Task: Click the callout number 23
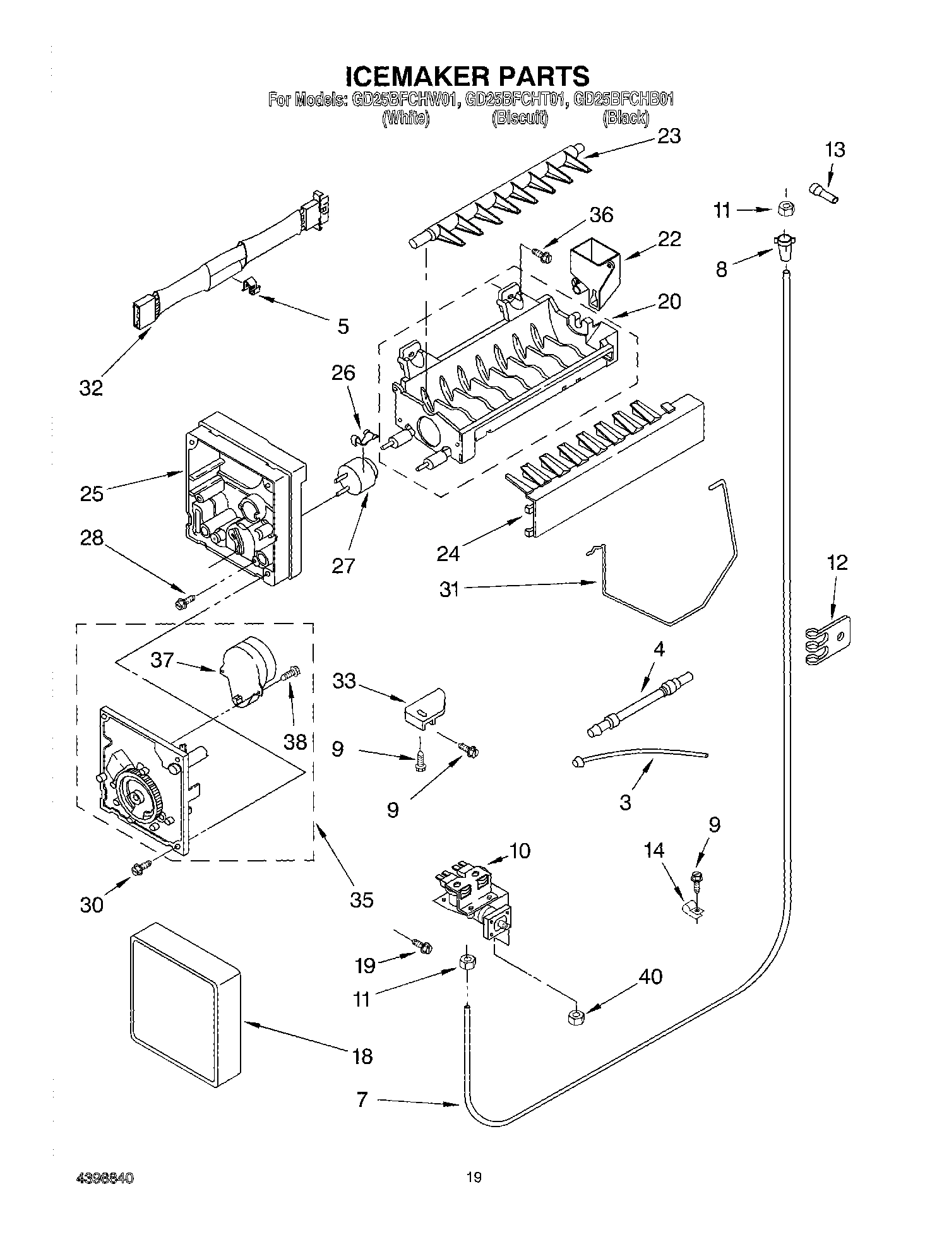[669, 136]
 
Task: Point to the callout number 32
[91, 387]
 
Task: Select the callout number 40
[650, 976]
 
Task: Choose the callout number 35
[361, 899]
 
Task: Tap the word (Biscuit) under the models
[519, 117]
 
